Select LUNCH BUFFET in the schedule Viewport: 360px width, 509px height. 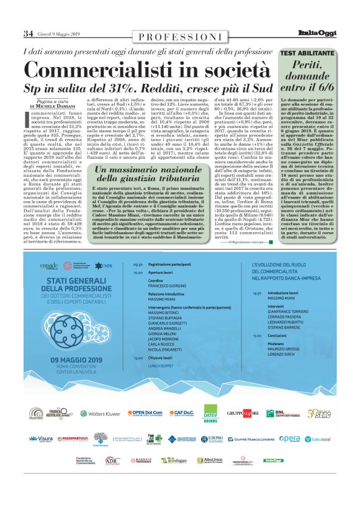click(x=163, y=365)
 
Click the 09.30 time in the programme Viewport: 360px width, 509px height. click(x=137, y=265)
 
